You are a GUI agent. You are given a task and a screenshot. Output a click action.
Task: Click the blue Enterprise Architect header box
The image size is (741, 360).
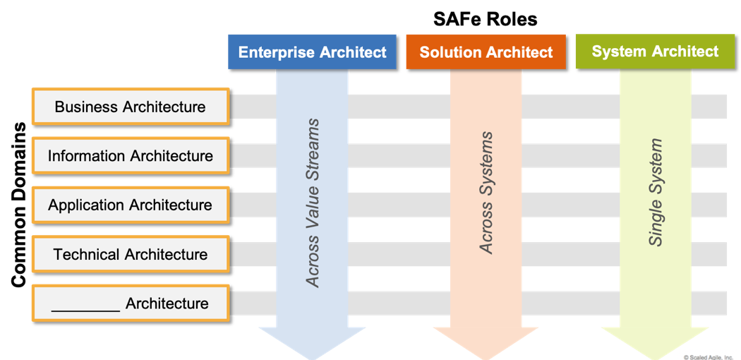(312, 52)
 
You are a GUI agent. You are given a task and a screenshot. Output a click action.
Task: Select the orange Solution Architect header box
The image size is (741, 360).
(486, 52)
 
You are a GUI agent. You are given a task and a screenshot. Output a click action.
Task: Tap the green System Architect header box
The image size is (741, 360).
(655, 52)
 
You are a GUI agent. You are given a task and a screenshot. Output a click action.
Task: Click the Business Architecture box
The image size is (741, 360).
(131, 107)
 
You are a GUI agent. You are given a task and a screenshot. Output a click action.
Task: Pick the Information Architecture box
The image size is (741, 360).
(131, 156)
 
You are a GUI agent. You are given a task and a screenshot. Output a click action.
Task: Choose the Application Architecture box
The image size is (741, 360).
(131, 205)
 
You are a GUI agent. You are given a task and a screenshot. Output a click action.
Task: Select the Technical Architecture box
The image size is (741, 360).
(131, 254)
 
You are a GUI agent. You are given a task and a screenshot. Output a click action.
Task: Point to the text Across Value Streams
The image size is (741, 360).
(313, 203)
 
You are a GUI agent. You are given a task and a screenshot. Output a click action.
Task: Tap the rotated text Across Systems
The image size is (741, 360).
(486, 193)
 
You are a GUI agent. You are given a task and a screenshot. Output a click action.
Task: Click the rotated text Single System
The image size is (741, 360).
(656, 193)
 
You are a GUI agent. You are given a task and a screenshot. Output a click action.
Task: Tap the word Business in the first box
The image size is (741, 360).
(86, 107)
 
